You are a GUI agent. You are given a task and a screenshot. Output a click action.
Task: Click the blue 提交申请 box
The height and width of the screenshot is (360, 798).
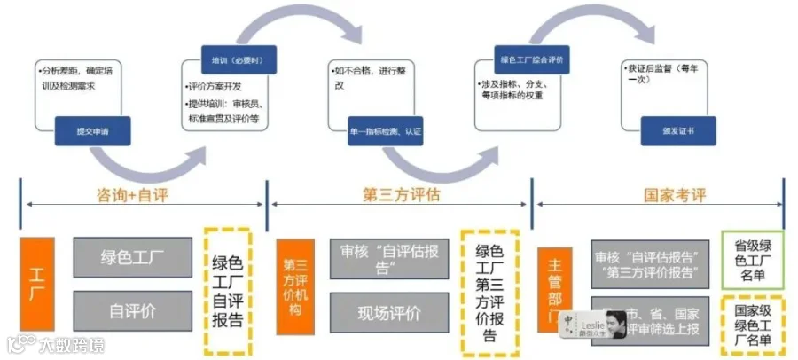pos(92,131)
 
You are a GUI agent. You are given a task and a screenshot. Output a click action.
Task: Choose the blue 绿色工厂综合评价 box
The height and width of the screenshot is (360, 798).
pos(531,60)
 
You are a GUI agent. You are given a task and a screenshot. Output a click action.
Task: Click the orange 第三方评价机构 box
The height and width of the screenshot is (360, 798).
pos(295,286)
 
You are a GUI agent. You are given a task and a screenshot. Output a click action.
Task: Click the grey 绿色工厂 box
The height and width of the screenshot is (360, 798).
pos(132,257)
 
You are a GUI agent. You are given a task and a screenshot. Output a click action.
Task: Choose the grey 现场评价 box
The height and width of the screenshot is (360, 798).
pos(389,312)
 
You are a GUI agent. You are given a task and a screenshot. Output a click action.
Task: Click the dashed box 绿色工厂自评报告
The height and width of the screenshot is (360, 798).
pos(228,290)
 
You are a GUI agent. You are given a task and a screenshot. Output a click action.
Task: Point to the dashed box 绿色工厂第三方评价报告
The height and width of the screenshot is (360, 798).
pos(489,292)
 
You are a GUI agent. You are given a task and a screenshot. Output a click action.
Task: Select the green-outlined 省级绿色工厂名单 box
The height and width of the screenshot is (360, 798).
pos(752,261)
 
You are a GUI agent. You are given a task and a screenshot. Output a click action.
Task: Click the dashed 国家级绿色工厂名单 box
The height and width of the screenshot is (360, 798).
pos(752,325)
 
